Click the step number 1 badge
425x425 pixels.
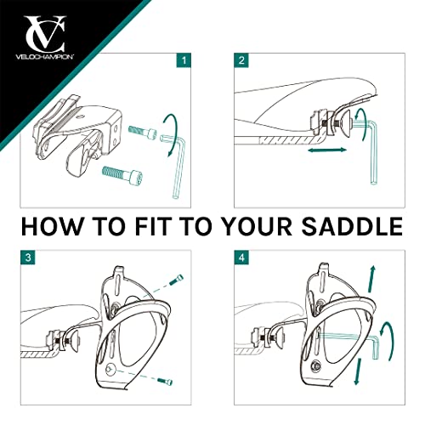click(184, 60)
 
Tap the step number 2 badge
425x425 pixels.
click(241, 60)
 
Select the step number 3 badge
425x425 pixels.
click(28, 258)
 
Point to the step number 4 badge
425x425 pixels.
click(241, 258)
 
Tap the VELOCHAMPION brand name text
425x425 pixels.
click(45, 56)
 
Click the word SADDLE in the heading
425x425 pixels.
click(352, 226)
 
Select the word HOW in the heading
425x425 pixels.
click(51, 226)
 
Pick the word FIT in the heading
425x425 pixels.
click(155, 226)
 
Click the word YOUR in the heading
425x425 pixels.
click(257, 226)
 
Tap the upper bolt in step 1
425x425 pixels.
click(143, 133)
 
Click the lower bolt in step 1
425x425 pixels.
click(122, 173)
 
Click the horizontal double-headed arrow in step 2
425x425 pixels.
click(327, 150)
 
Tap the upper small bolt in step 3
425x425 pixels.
click(176, 280)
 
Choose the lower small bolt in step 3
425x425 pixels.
click(165, 381)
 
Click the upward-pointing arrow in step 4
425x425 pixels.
click(372, 279)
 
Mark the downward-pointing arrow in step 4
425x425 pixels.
click(358, 371)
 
